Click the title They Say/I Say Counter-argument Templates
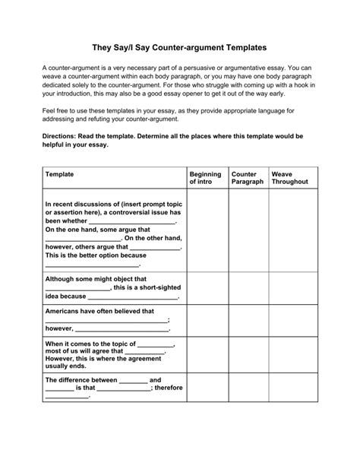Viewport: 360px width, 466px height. (x=179, y=46)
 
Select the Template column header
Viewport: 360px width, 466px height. (x=60, y=174)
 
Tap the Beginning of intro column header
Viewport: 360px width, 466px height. (x=205, y=178)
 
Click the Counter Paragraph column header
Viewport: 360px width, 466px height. (x=247, y=178)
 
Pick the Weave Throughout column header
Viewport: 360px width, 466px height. (x=289, y=178)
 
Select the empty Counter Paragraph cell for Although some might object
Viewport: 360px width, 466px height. (x=248, y=288)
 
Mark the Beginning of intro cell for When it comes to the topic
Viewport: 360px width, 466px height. (x=207, y=354)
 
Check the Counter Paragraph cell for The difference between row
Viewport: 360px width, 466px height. (x=248, y=388)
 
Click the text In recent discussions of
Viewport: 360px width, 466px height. (x=84, y=204)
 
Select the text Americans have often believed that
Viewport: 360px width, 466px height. (x=99, y=311)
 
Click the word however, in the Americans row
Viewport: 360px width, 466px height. (x=59, y=329)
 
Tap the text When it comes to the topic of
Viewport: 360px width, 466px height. (x=90, y=344)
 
